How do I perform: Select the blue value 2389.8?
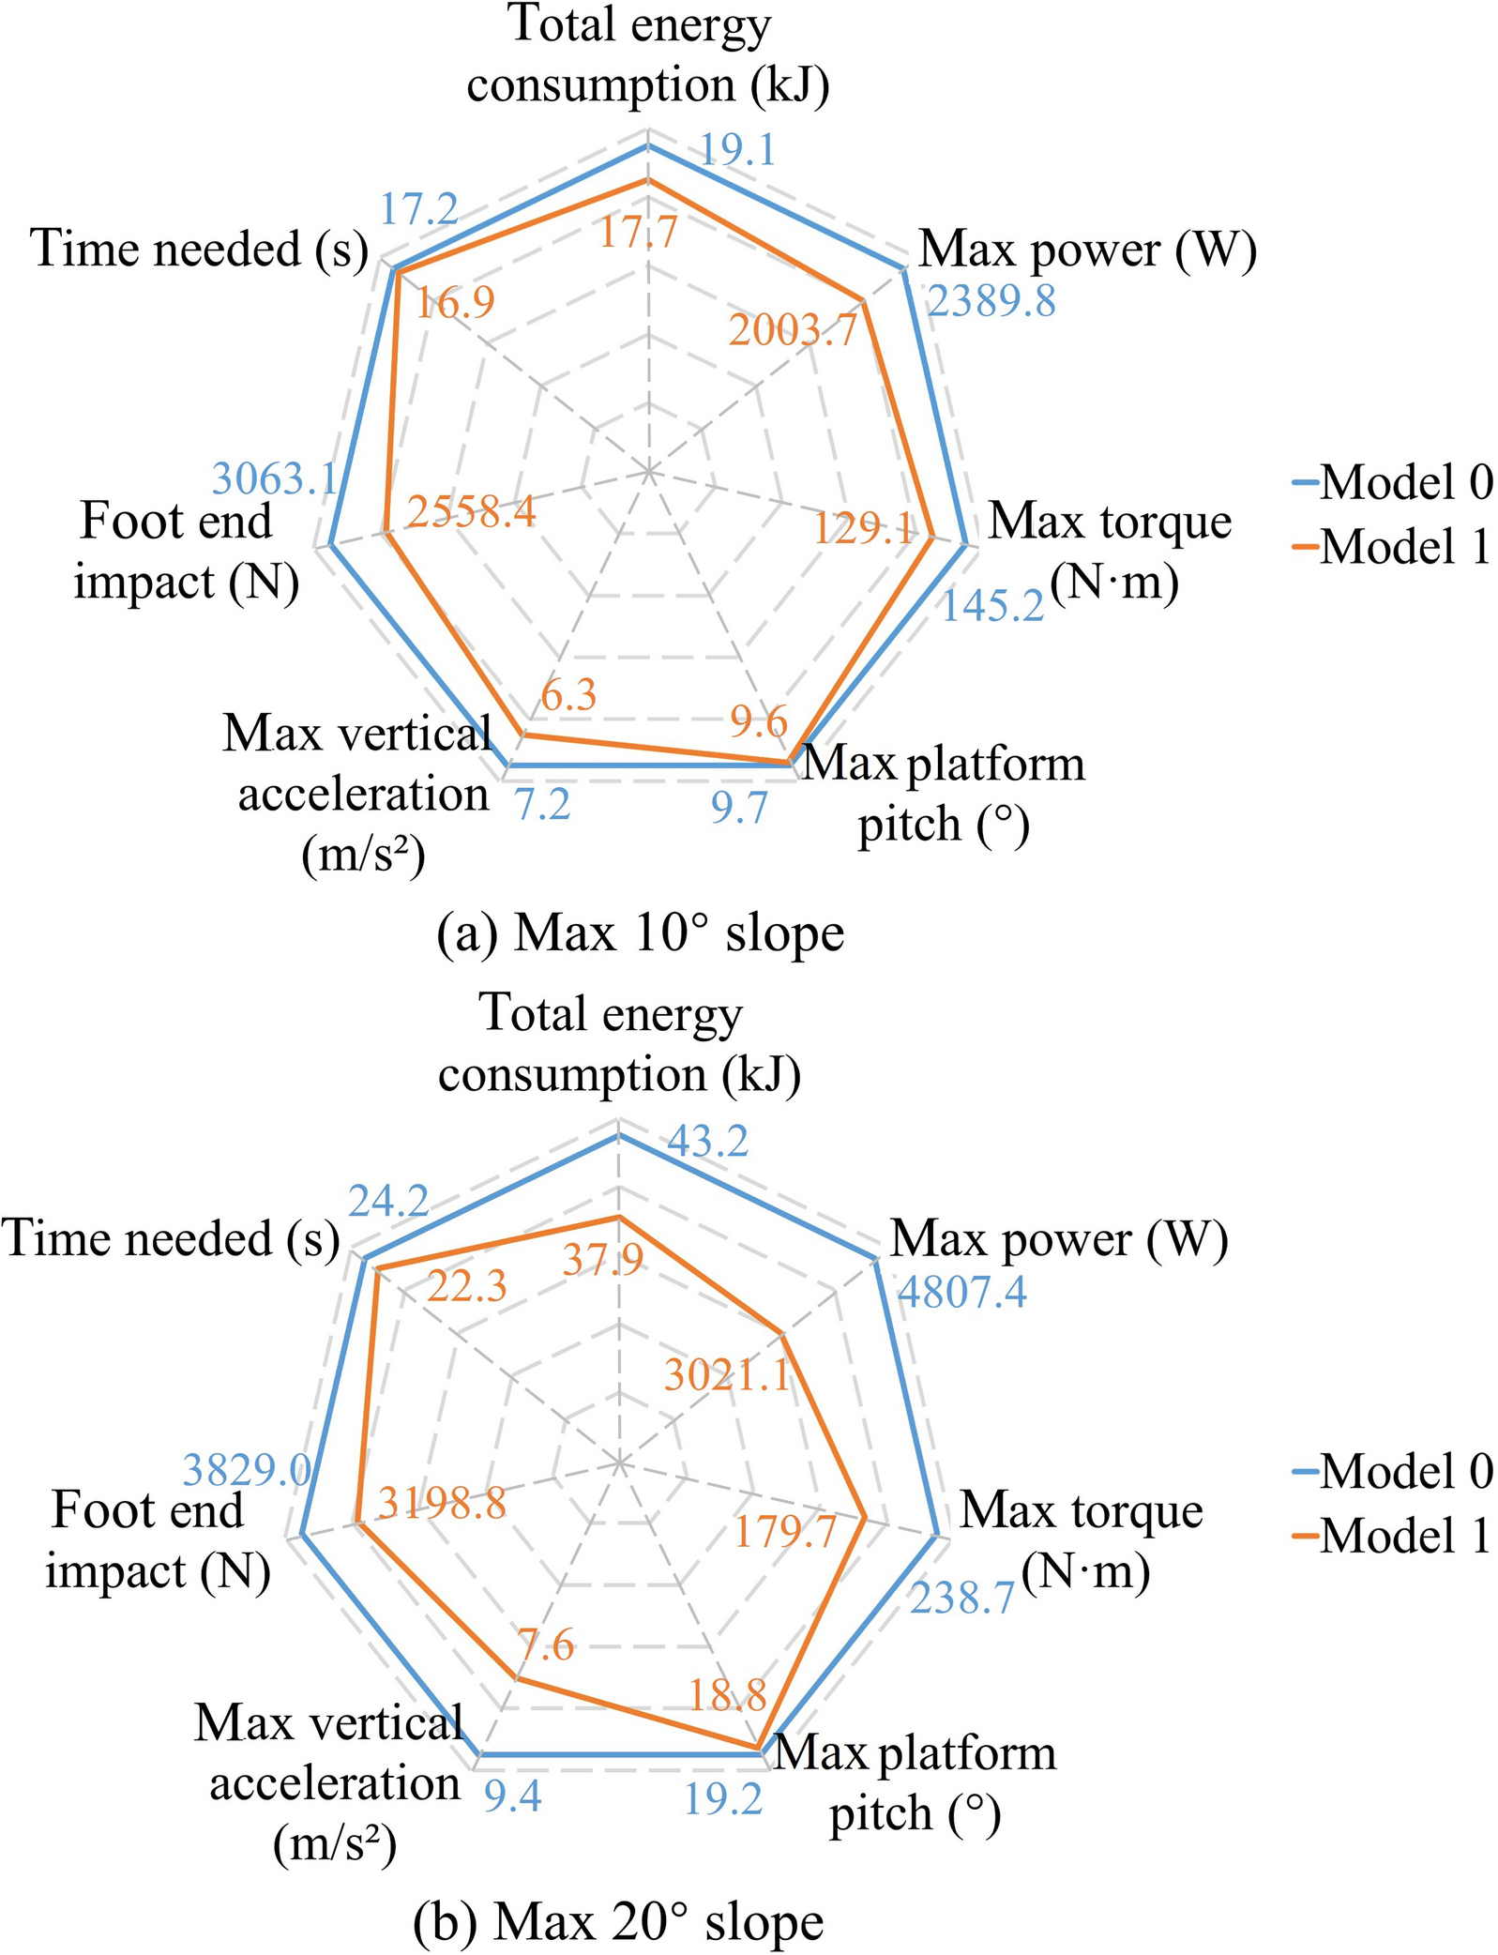[991, 301]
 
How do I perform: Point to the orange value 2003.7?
[793, 330]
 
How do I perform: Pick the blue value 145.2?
[992, 606]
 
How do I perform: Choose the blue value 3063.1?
[274, 478]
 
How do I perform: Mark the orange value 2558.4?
[471, 511]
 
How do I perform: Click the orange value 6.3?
[569, 696]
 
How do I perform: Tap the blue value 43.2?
[708, 1141]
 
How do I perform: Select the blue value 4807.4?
[962, 1292]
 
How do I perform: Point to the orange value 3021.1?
[727, 1375]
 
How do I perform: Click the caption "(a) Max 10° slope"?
[641, 933]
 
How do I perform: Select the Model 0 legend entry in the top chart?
[1392, 482]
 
